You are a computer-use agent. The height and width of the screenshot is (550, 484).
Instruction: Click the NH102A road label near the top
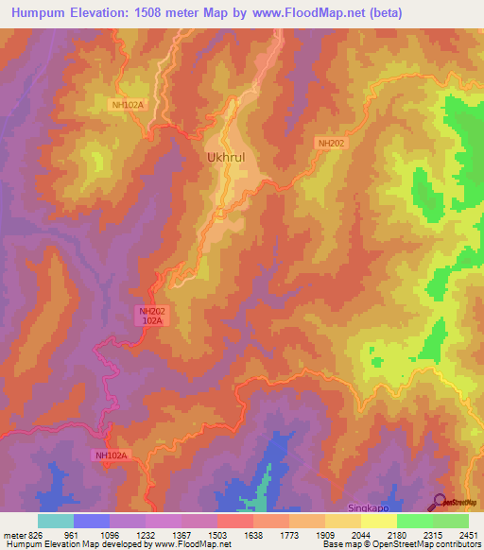(x=127, y=105)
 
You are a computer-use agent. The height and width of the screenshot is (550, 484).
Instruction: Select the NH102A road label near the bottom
(x=110, y=455)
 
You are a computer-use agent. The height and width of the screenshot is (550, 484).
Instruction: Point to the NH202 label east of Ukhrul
(x=332, y=143)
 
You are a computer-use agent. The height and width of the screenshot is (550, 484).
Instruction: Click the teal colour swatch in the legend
(x=56, y=521)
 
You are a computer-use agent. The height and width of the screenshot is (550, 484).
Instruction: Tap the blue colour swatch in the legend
(x=92, y=521)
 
